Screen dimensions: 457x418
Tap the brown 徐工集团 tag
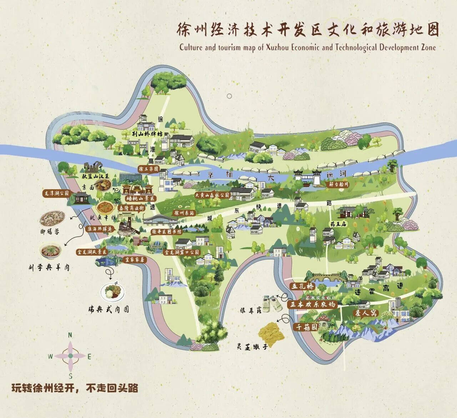(x=149, y=169)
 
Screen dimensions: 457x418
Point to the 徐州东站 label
(x=184, y=213)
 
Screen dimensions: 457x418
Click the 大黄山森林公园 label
(x=212, y=195)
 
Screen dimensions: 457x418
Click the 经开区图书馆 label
(x=166, y=232)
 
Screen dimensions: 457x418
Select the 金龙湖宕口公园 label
(x=182, y=252)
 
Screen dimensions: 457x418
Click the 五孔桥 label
(x=302, y=286)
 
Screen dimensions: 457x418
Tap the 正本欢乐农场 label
(x=312, y=304)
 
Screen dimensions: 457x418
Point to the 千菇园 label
(x=305, y=326)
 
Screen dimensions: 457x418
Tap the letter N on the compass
(x=70, y=335)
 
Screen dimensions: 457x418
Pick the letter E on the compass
(x=90, y=356)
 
